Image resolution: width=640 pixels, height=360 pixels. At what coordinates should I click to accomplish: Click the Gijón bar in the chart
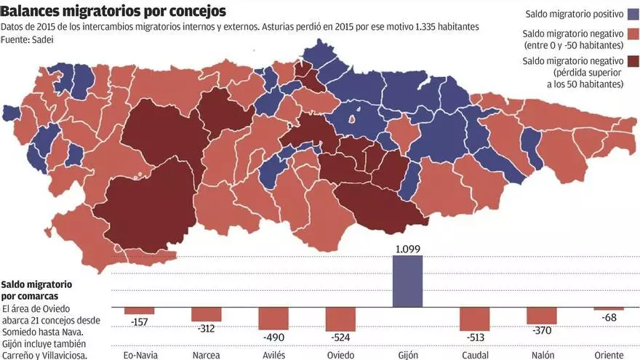pyautogui.click(x=407, y=281)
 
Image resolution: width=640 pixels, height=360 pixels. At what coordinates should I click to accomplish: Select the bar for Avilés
pyautogui.click(x=273, y=319)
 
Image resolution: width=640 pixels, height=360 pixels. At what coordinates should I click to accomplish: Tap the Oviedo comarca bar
pyautogui.click(x=340, y=319)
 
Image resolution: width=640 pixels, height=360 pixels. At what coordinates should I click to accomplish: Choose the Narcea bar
pyautogui.click(x=207, y=314)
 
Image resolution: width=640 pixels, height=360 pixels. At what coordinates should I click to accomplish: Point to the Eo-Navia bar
pyautogui.click(x=139, y=311)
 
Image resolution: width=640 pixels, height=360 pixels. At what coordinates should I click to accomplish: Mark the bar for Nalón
pyautogui.click(x=542, y=316)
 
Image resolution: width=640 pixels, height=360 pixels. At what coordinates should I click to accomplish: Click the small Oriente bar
pyautogui.click(x=609, y=309)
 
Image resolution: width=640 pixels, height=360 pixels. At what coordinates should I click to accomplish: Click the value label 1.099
pyautogui.click(x=407, y=249)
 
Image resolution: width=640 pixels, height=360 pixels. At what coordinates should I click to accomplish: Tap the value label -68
pyautogui.click(x=609, y=318)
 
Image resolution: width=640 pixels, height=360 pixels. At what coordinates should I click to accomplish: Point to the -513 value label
pyautogui.click(x=474, y=337)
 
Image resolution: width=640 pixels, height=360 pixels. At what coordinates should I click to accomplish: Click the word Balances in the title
pyautogui.click(x=34, y=12)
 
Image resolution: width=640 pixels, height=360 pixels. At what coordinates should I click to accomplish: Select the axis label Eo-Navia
pyautogui.click(x=139, y=355)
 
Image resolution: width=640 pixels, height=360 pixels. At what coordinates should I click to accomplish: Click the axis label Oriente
pyautogui.click(x=609, y=355)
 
